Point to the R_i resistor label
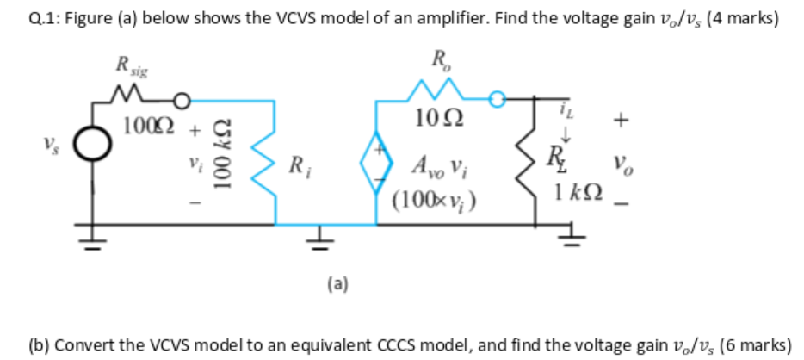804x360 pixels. click(296, 163)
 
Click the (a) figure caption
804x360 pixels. click(337, 282)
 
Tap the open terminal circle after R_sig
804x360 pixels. click(182, 97)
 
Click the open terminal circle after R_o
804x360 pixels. click(497, 97)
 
